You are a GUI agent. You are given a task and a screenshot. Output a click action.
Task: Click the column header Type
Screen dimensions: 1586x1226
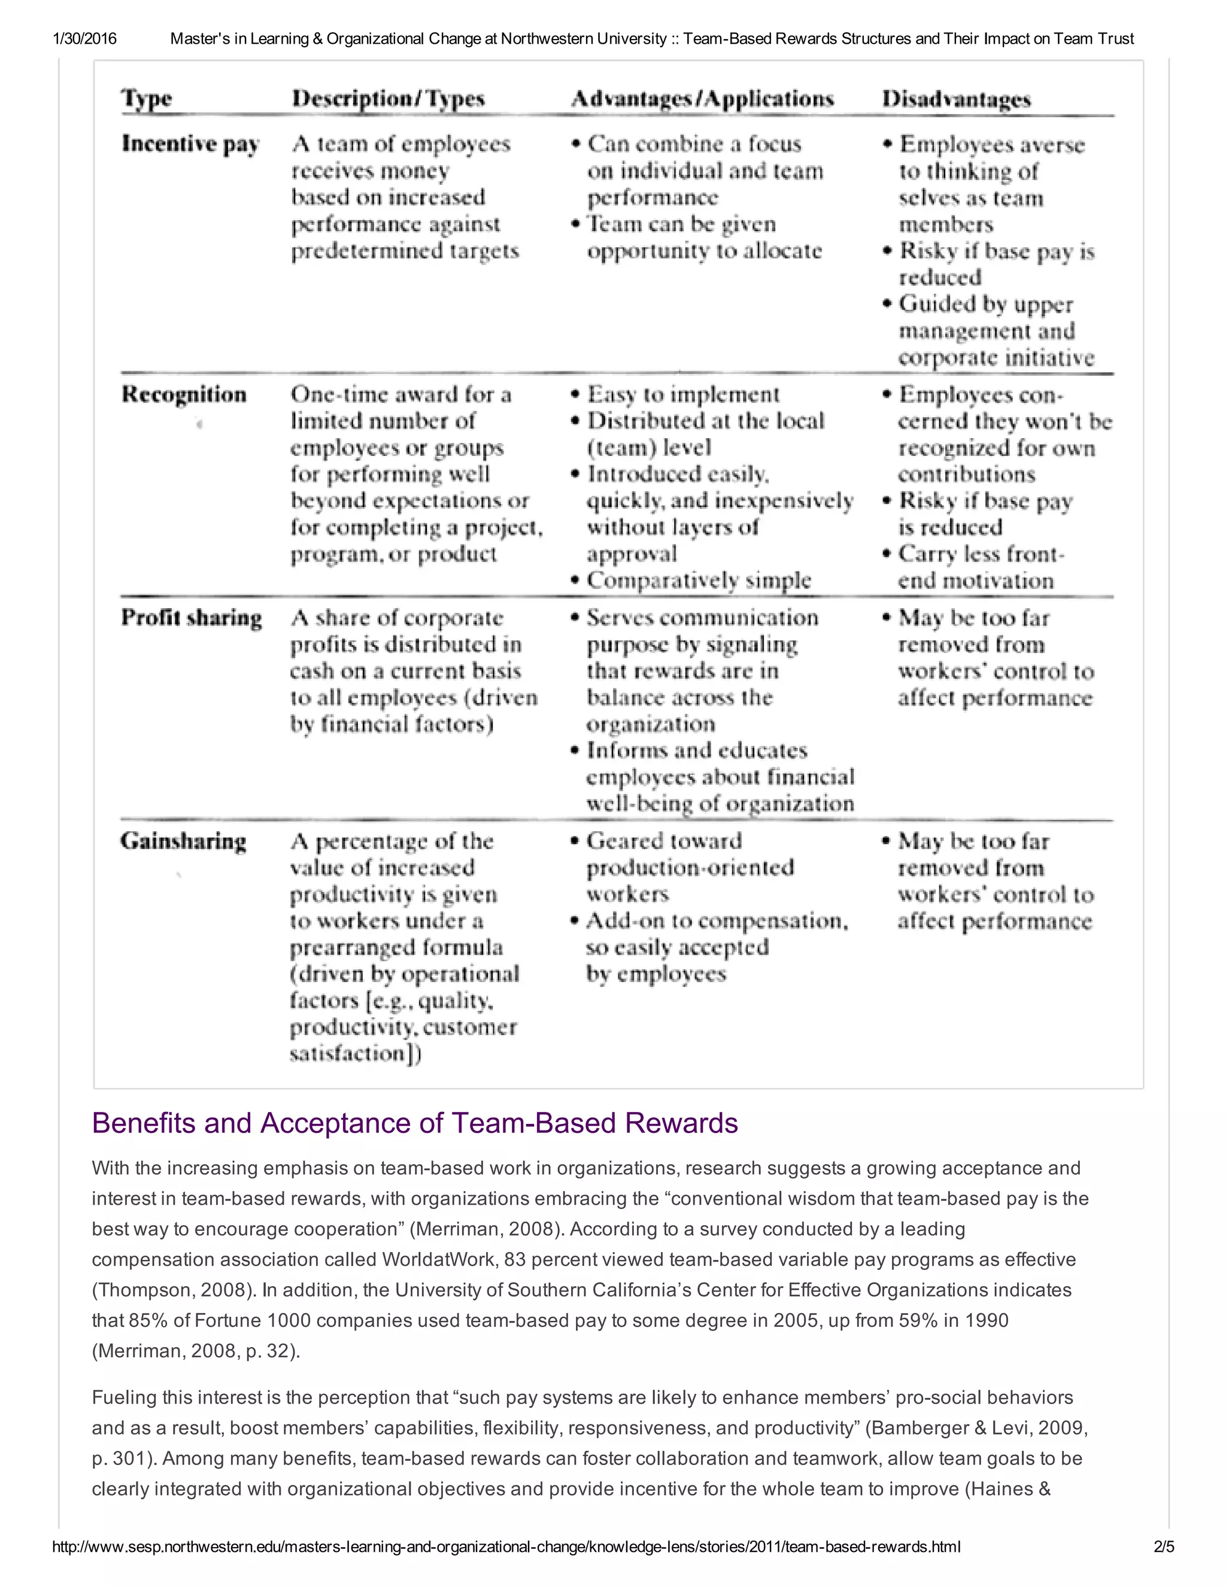pos(146,98)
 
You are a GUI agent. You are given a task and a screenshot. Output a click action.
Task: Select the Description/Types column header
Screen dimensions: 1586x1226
pos(388,98)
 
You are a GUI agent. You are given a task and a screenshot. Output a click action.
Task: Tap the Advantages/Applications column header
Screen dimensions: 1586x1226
pos(702,98)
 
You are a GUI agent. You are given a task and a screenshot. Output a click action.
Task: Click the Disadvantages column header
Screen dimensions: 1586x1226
pos(956,98)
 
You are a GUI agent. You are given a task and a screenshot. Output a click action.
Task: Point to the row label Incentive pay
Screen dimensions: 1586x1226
pos(190,144)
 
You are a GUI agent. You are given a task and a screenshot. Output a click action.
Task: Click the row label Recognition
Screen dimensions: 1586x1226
pos(184,394)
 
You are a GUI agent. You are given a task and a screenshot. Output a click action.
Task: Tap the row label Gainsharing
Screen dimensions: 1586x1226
pos(183,841)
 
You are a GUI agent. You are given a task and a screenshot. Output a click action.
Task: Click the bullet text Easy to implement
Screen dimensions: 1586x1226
pos(682,394)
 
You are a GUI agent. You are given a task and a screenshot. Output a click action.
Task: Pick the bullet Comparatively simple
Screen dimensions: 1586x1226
pos(699,580)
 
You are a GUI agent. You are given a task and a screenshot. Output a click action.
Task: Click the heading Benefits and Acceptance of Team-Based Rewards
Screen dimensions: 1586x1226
pos(415,1123)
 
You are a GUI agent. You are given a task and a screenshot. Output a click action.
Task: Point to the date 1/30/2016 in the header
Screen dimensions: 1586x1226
pos(84,38)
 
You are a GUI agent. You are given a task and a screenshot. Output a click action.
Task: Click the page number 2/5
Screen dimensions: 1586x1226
pos(1164,1546)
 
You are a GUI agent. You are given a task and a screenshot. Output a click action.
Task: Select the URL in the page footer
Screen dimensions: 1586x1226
pos(506,1546)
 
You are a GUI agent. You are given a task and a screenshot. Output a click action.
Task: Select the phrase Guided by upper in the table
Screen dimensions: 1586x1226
pos(985,304)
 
